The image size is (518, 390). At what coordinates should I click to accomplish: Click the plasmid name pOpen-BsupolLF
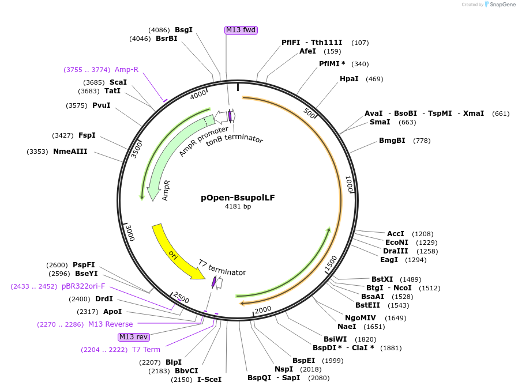coord(238,198)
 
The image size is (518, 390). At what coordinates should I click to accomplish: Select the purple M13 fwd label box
coord(241,30)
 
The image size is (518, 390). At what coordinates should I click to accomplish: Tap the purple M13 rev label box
coord(133,337)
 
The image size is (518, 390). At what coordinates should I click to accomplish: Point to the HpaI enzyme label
coord(349,79)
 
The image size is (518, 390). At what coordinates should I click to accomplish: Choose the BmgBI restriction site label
coord(392,141)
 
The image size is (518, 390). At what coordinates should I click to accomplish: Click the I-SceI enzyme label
coord(209,380)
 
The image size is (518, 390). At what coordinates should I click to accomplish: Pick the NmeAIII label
coord(70,152)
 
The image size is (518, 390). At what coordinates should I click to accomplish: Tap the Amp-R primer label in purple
coord(126,70)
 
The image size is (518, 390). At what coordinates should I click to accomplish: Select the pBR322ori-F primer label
coord(84,286)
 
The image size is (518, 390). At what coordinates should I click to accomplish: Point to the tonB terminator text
coord(234,140)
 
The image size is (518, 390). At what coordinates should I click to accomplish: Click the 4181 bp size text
coord(238,206)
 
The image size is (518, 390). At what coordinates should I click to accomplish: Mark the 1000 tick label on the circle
coord(348,184)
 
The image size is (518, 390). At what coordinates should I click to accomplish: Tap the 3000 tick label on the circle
coord(130,233)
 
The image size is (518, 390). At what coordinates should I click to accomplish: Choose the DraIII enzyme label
coord(395,251)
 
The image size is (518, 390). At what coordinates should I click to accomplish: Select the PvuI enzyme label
coord(101,105)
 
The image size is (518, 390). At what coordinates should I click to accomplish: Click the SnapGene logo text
coord(503,5)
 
